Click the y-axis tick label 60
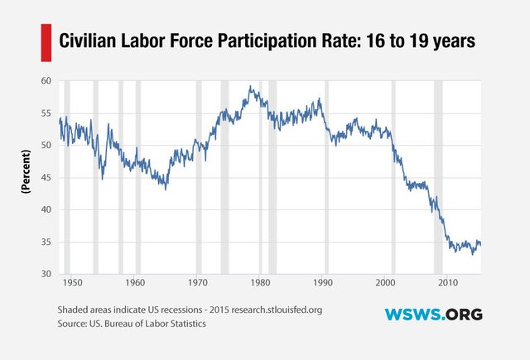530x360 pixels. pyautogui.click(x=45, y=81)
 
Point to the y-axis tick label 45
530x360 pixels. pyautogui.click(x=45, y=178)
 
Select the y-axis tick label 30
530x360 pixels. pyautogui.click(x=45, y=274)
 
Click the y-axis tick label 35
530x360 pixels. pyautogui.click(x=45, y=242)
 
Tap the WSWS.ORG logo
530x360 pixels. pyautogui.click(x=433, y=314)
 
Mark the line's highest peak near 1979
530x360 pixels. pyautogui.click(x=251, y=86)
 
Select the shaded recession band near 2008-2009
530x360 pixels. pyautogui.click(x=438, y=178)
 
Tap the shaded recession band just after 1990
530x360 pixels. pyautogui.click(x=326, y=178)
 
